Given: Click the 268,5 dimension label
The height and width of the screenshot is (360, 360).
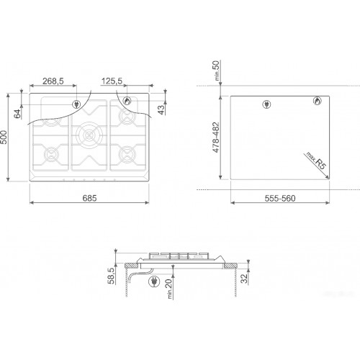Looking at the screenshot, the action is point(53,81).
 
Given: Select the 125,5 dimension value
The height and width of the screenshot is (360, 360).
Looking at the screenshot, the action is point(112,81).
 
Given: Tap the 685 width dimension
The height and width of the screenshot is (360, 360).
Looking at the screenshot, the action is point(89,198).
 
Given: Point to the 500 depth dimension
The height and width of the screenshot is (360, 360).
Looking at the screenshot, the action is point(4,137).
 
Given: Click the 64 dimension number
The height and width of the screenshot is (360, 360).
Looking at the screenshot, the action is point(17,114).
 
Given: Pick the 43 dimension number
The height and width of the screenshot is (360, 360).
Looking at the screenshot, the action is point(161,110).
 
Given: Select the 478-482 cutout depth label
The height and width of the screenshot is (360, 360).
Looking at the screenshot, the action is point(216,138).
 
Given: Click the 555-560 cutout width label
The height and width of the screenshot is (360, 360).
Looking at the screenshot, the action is point(280,199).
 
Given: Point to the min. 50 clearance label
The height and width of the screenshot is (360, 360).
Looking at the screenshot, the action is point(217,71).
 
